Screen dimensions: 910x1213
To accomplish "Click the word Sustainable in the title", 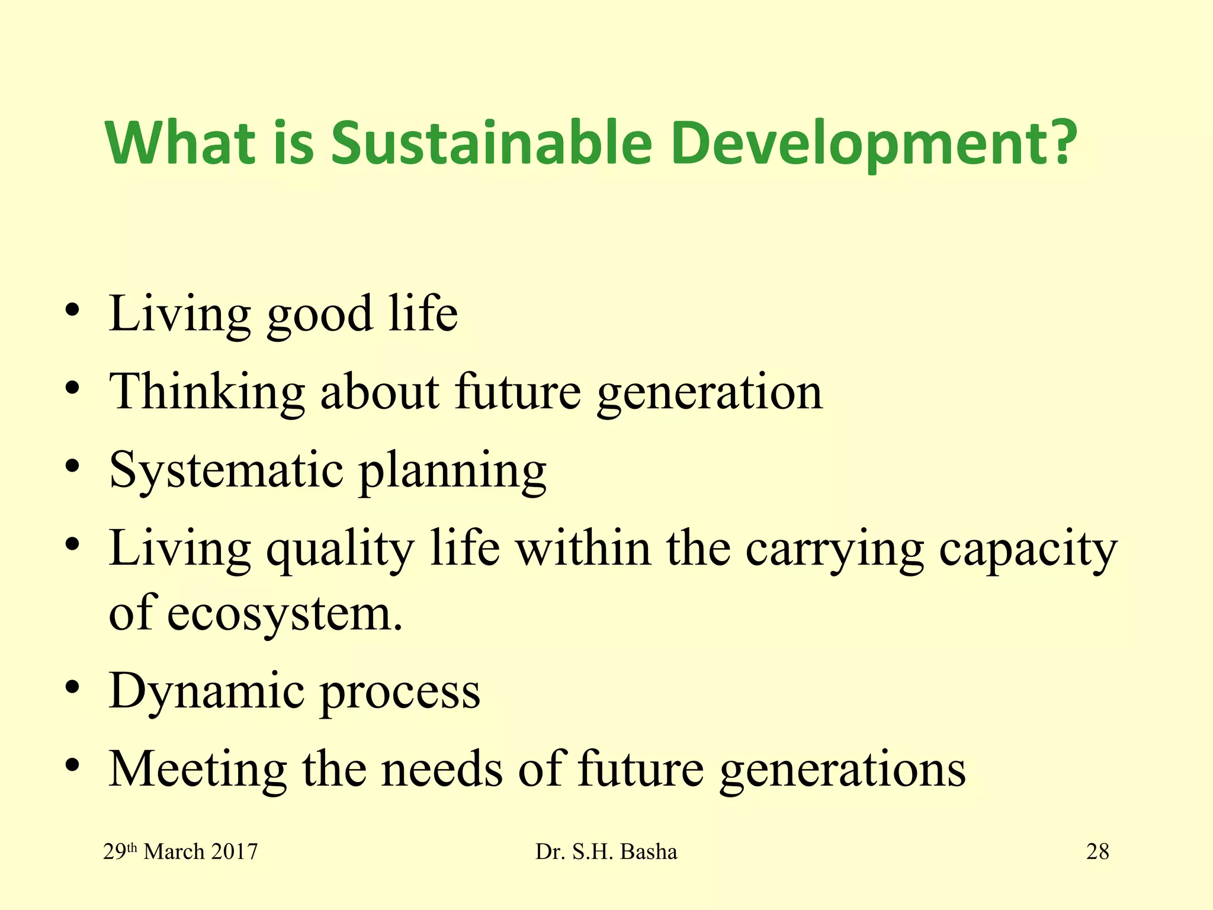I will pyautogui.click(x=492, y=143).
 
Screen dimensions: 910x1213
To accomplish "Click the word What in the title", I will pyautogui.click(x=181, y=143).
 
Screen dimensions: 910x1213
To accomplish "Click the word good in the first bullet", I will pyautogui.click(x=320, y=315).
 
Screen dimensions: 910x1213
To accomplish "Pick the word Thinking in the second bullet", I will pyautogui.click(x=207, y=393).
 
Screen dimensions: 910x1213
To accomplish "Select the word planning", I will pyautogui.click(x=453, y=472).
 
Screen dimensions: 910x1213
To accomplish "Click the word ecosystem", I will pyautogui.click(x=284, y=614).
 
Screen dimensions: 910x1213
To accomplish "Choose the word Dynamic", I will pyautogui.click(x=207, y=692).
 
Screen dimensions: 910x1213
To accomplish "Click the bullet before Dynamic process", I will pyautogui.click(x=72, y=688).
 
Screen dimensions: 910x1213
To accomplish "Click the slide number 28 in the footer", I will pyautogui.click(x=1098, y=852).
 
